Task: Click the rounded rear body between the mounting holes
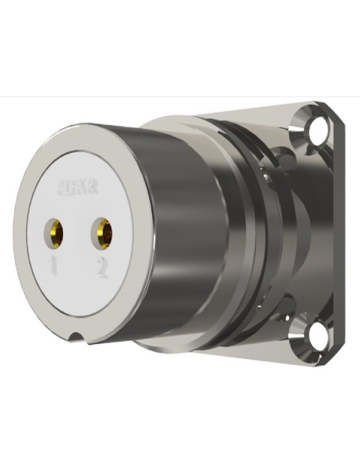coord(307,231)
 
